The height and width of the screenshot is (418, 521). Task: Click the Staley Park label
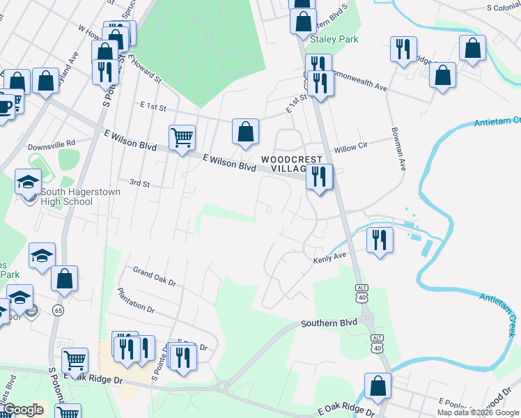pos(334,40)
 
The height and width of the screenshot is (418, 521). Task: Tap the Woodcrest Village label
pos(285,164)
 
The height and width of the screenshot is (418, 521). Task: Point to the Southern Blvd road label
pos(329,323)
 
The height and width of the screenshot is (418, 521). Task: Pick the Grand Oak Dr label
pos(154,277)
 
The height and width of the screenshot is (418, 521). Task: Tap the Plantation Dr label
pos(136,299)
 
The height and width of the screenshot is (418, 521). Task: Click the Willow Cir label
pos(350,148)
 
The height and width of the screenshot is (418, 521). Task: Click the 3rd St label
pos(139,183)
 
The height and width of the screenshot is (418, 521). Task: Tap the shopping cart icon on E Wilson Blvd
pos(182,137)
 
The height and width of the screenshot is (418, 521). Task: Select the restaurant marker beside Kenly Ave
pos(380,240)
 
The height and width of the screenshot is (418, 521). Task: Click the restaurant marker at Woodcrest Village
pos(320,176)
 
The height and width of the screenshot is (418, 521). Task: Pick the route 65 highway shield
pos(57,310)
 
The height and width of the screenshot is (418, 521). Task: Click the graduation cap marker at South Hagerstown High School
pos(28,183)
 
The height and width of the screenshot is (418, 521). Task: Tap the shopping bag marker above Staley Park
pos(303,21)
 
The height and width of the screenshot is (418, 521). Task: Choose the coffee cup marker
pos(5,107)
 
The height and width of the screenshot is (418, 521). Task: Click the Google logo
pos(23,410)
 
